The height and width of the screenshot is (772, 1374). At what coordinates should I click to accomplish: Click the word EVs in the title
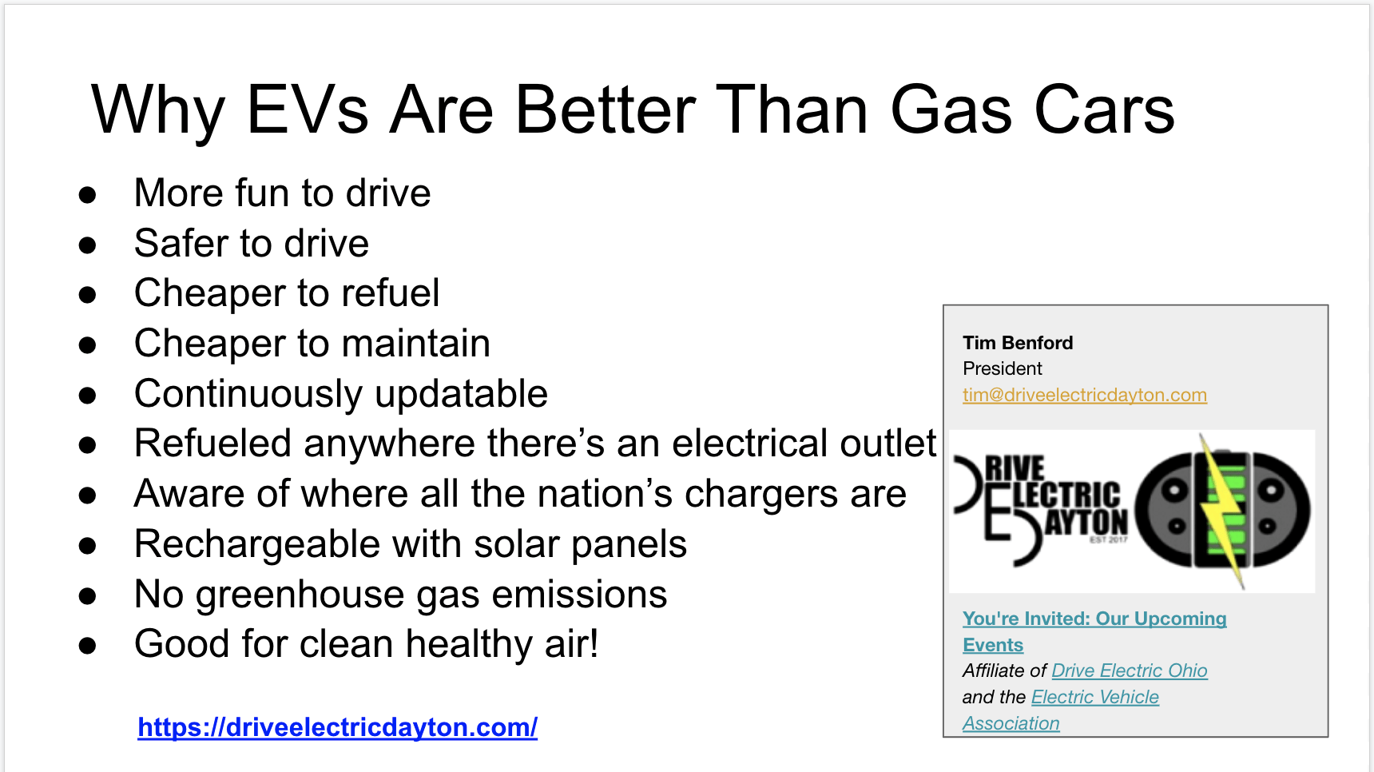coord(308,109)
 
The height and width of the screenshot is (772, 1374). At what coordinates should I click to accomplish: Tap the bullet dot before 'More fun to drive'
coord(87,195)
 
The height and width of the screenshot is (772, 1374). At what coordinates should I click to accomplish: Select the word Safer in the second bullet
coord(181,243)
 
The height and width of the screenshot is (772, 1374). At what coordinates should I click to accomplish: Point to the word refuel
coord(391,292)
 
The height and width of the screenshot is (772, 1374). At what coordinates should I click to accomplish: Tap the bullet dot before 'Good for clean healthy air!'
coord(87,646)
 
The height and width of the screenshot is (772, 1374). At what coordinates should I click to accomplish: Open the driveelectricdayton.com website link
coord(337,727)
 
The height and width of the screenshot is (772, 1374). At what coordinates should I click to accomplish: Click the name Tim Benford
coord(1018,343)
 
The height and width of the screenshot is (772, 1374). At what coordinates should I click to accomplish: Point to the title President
coord(1003,368)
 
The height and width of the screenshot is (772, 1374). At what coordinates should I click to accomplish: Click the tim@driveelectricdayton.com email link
coord(1085,395)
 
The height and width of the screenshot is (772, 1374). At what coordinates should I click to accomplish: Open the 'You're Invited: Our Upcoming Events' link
coord(1094,631)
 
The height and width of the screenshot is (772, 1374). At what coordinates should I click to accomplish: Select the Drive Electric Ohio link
coord(1130,671)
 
